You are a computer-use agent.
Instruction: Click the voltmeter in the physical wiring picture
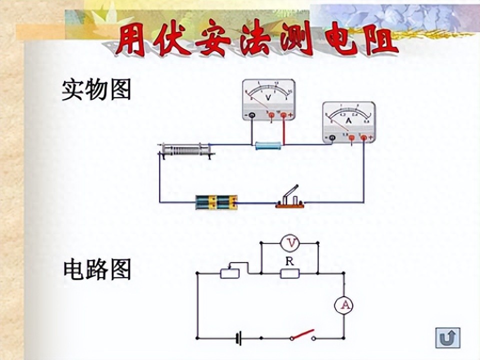[268, 100]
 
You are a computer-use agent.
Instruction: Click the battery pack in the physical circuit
[216, 202]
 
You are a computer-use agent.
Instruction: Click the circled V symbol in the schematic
[289, 243]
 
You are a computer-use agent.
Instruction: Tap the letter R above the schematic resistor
[289, 260]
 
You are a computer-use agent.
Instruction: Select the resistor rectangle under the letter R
[289, 273]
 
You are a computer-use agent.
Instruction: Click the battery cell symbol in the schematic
[239, 338]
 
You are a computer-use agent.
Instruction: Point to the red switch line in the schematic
[303, 333]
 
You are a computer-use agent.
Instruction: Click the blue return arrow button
[447, 338]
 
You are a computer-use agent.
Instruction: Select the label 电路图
[96, 270]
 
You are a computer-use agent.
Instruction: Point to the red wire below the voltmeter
[284, 132]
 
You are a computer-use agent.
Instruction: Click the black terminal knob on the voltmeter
[252, 116]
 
